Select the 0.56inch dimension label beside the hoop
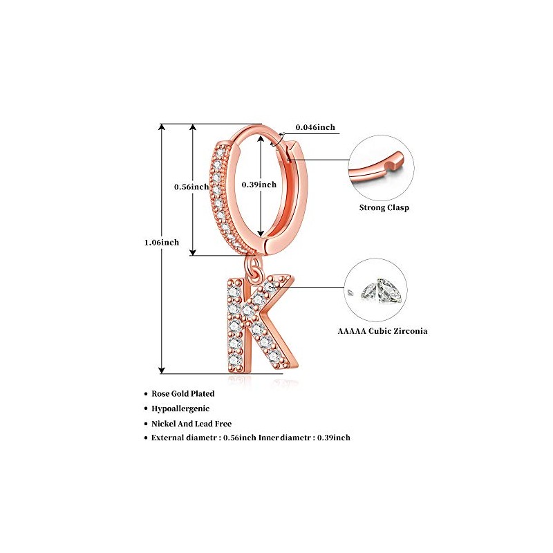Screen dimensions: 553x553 [x=191, y=187]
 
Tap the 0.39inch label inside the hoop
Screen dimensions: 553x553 [x=259, y=185]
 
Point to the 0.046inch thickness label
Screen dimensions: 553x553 [x=315, y=127]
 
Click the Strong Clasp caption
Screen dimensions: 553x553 [x=384, y=207]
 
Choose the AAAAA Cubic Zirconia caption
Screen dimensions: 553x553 [x=382, y=331]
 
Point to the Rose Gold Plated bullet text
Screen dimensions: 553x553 [x=182, y=393]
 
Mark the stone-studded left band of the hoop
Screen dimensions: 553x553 [x=220, y=194]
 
